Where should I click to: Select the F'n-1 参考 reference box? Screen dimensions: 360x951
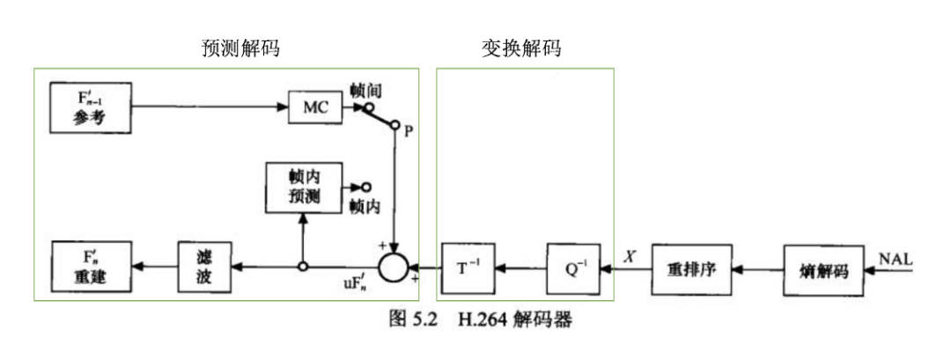tap(90, 107)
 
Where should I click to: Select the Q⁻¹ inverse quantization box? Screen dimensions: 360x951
tap(571, 265)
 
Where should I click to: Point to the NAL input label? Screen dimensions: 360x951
tap(895, 259)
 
